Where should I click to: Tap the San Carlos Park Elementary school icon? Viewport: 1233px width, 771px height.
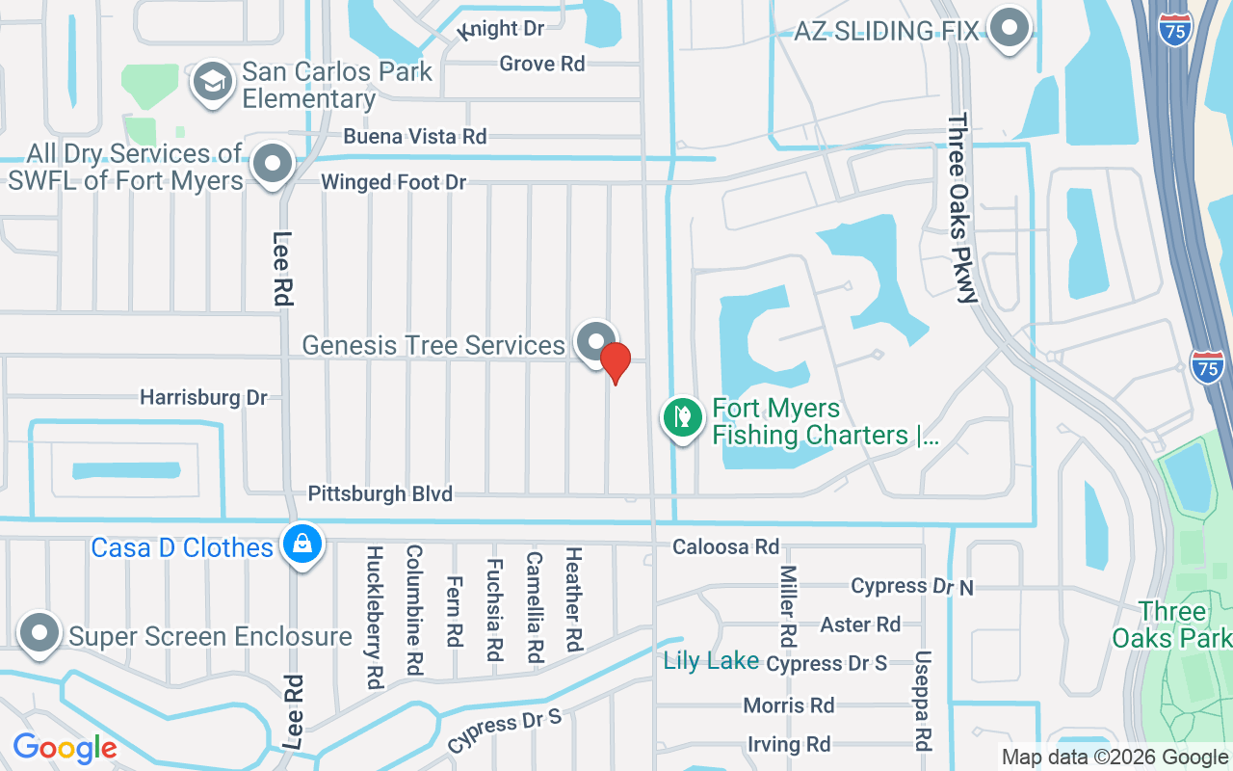pyautogui.click(x=213, y=82)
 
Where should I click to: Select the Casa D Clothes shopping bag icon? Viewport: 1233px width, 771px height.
pyautogui.click(x=302, y=545)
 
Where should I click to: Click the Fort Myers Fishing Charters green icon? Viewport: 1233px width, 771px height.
pyautogui.click(x=683, y=418)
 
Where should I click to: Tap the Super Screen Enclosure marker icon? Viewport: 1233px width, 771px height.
pyautogui.click(x=40, y=633)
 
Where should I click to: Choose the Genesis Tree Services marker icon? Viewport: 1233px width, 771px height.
pyautogui.click(x=596, y=342)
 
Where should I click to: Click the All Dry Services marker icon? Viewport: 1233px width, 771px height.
pyautogui.click(x=273, y=164)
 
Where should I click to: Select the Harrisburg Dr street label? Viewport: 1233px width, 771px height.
pyautogui.click(x=203, y=397)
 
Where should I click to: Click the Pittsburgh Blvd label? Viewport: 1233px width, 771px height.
pyautogui.click(x=380, y=494)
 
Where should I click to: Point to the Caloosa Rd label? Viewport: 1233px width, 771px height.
pyautogui.click(x=725, y=547)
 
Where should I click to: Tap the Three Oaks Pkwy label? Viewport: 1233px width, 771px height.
pyautogui.click(x=961, y=208)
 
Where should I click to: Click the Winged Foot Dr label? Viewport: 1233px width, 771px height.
pyautogui.click(x=393, y=182)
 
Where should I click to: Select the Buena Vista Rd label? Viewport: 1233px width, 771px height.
pyautogui.click(x=414, y=137)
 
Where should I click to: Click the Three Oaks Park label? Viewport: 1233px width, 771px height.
pyautogui.click(x=1171, y=625)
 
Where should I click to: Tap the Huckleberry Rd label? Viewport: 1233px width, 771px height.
pyautogui.click(x=375, y=618)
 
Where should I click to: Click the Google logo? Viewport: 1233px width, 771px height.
pyautogui.click(x=65, y=747)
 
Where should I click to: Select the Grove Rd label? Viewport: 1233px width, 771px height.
pyautogui.click(x=542, y=65)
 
